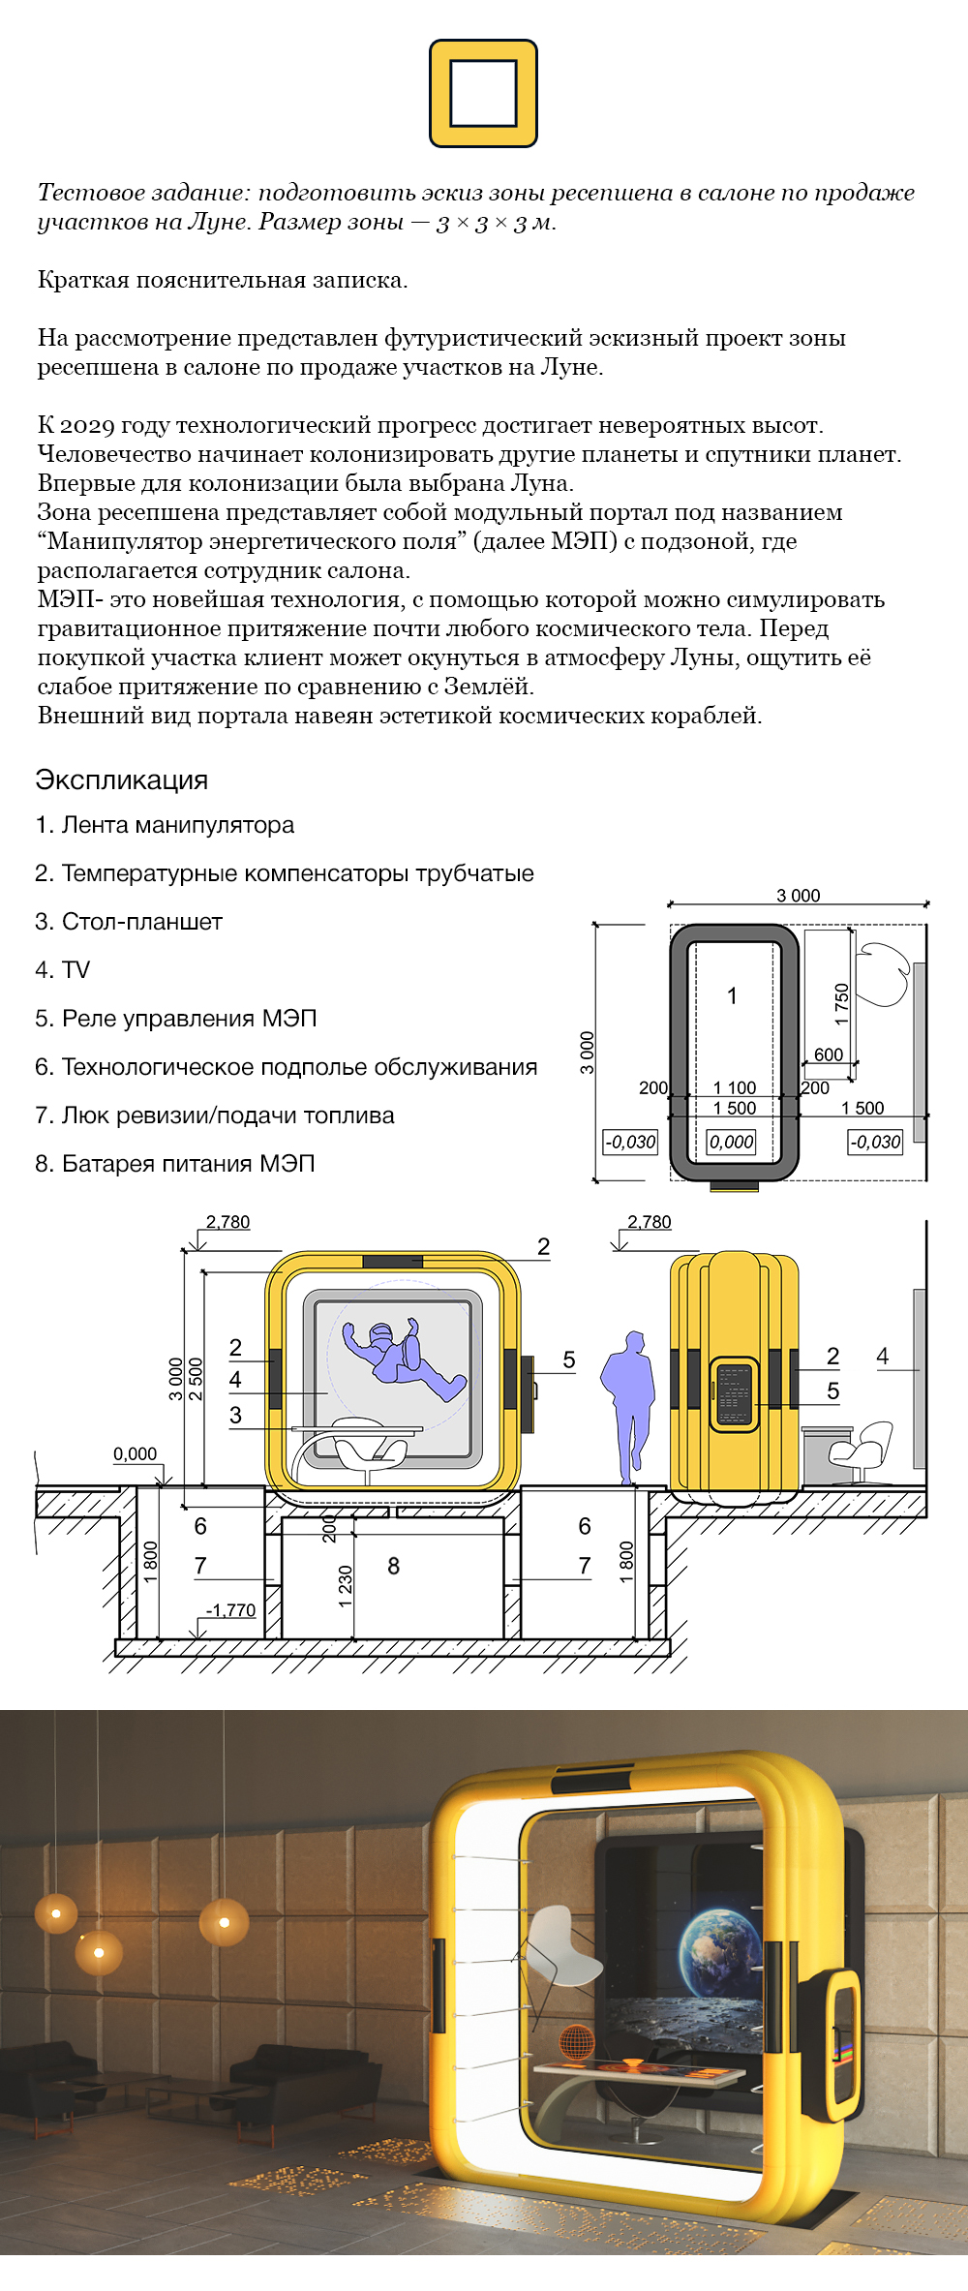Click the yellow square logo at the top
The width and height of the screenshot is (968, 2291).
pyautogui.click(x=483, y=94)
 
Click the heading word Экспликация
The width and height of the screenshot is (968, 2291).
pyautogui.click(x=122, y=780)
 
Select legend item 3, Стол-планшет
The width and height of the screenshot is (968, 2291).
pyautogui.click(x=129, y=922)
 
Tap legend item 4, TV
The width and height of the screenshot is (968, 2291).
pyautogui.click(x=63, y=970)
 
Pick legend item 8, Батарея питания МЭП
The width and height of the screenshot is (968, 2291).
pyautogui.click(x=175, y=1164)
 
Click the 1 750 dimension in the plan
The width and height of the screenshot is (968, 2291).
pyautogui.click(x=841, y=1003)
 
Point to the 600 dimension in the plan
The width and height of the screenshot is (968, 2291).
pyautogui.click(x=828, y=1054)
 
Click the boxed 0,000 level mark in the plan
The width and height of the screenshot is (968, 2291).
pyautogui.click(x=732, y=1142)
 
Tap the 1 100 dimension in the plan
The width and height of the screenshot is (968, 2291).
pyautogui.click(x=735, y=1087)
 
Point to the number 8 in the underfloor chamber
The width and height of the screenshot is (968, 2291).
pyautogui.click(x=393, y=1566)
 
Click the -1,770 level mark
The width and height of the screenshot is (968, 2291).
pyautogui.click(x=231, y=1610)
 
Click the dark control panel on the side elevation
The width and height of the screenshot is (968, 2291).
pyautogui.click(x=734, y=1394)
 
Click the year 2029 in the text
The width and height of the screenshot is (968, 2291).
pyautogui.click(x=87, y=425)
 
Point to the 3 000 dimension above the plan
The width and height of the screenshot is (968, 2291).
pyautogui.click(x=798, y=896)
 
